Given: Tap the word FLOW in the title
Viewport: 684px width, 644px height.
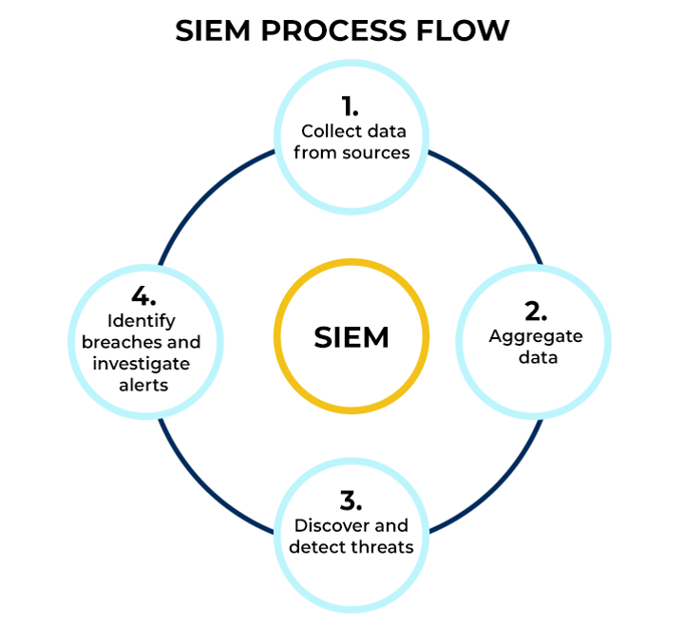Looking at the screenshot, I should tap(467, 30).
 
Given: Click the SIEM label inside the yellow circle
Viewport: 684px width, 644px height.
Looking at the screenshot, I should tap(351, 337).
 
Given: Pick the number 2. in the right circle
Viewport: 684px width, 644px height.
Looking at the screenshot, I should tap(535, 312).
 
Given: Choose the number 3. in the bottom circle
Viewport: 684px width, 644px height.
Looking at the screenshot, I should tap(351, 501).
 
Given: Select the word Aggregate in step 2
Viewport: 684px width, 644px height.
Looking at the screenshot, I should tap(535, 336).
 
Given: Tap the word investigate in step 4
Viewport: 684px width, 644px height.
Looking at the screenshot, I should tap(141, 364).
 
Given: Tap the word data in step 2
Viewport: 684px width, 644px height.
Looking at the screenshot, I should tap(535, 358).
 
